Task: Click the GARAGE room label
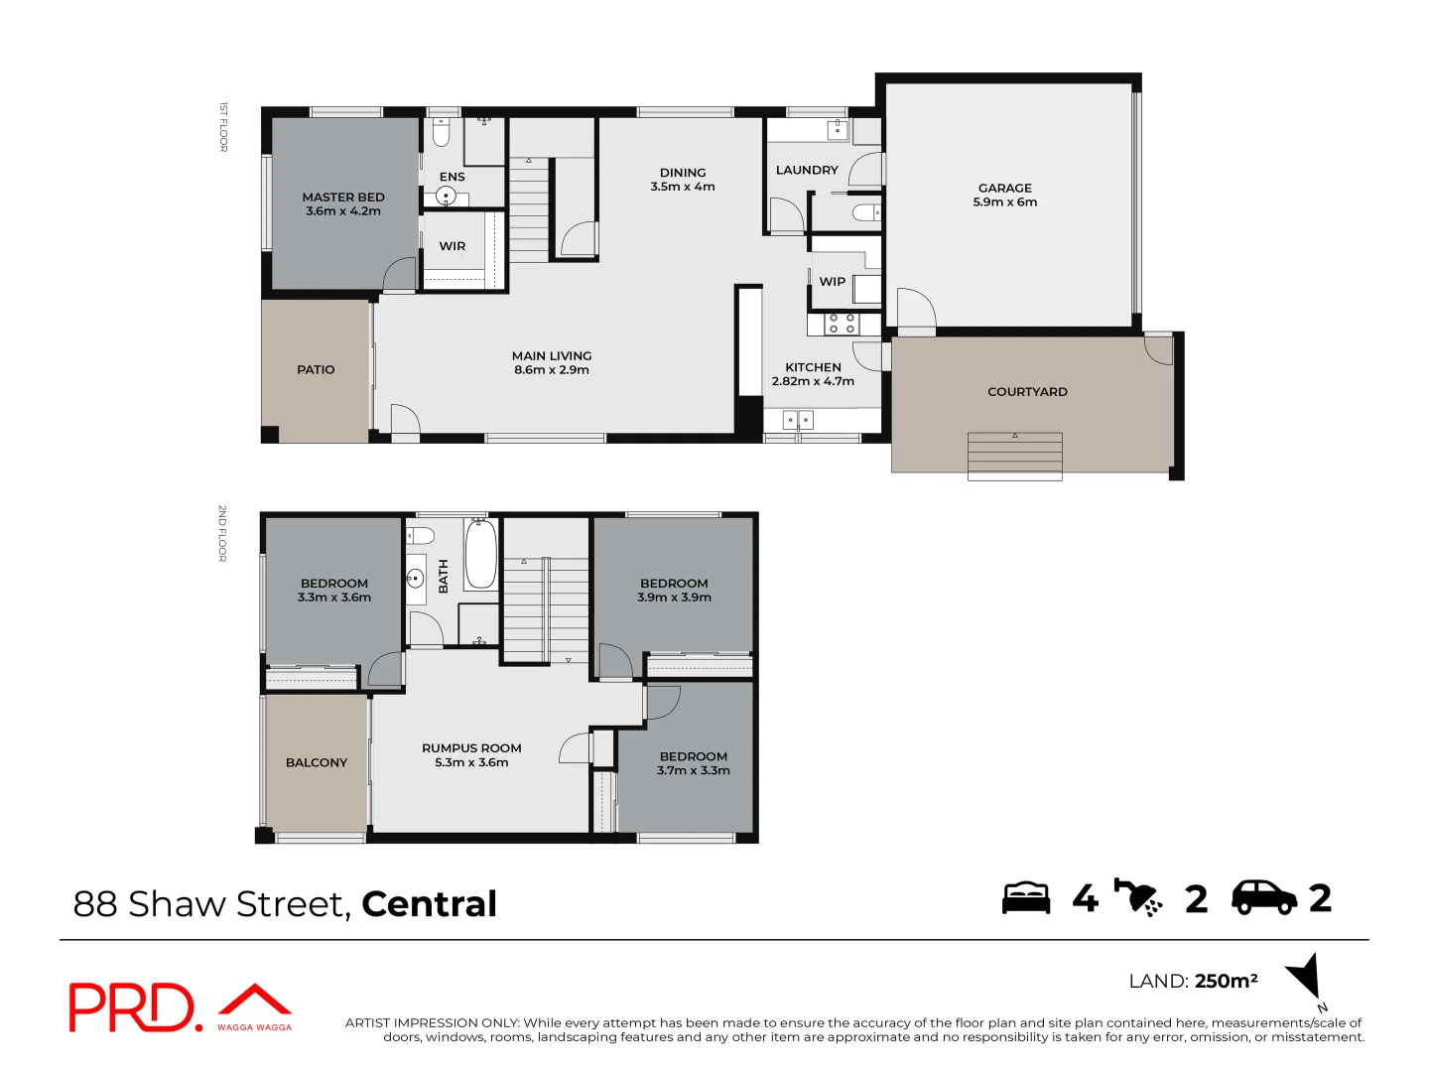click(1004, 188)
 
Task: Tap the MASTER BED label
click(343, 198)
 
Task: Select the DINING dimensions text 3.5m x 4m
click(683, 187)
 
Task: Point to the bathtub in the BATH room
click(481, 556)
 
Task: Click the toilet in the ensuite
click(442, 131)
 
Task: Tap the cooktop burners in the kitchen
click(843, 324)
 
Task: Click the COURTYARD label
click(1027, 392)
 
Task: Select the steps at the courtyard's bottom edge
click(1014, 457)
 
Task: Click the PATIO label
click(316, 369)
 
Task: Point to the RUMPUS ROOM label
click(471, 748)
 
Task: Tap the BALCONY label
click(317, 762)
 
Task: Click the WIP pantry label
click(832, 282)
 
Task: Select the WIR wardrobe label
click(453, 246)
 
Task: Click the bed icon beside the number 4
click(1025, 897)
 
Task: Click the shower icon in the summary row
click(1138, 897)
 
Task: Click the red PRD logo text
click(134, 1007)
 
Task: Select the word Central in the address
click(429, 904)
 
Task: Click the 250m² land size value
click(1226, 981)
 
